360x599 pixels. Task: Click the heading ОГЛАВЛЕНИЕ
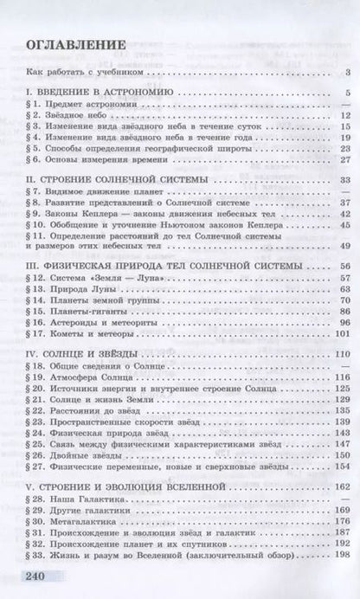coord(74,47)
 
